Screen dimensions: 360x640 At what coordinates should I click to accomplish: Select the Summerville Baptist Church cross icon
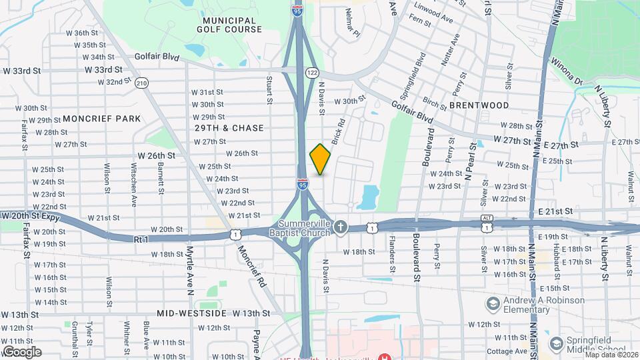341,227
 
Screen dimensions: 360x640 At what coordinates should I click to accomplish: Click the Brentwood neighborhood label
479,105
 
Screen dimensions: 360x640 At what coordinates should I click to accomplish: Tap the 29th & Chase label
229,127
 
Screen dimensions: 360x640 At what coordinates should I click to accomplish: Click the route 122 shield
311,72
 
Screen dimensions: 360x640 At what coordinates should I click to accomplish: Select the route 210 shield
141,83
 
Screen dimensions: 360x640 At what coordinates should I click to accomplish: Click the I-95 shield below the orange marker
303,185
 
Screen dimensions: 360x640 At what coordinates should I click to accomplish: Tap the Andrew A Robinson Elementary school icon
493,305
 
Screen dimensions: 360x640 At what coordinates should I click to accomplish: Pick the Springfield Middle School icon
556,343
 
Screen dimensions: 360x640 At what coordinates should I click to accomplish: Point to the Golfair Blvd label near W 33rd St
157,57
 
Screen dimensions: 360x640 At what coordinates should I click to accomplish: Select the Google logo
21,352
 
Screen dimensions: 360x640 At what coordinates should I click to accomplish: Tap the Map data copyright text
610,355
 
